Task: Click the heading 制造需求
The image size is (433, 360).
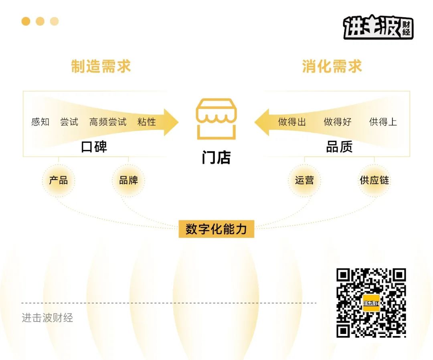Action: point(101,66)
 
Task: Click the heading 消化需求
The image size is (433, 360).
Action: point(332,66)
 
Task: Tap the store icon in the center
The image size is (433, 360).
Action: point(216,119)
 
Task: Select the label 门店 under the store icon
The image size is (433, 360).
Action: point(216,158)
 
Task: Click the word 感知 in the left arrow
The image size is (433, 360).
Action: point(40,122)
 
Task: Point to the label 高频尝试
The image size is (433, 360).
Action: point(108,122)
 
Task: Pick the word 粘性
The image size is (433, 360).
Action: point(147,122)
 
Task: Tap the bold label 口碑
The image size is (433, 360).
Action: point(94,147)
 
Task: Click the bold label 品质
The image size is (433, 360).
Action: point(340,147)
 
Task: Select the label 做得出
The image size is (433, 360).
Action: point(292,122)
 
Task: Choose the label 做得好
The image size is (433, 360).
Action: point(338,122)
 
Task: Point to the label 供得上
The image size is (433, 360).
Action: point(383,122)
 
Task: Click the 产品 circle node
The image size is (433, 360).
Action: point(58,180)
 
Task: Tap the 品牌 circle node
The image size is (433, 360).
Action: point(128,180)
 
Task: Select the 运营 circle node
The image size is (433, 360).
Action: point(304,180)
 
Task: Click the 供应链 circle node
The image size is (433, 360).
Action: point(374,180)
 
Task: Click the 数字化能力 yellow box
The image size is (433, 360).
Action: point(216,229)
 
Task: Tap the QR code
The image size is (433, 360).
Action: point(371,303)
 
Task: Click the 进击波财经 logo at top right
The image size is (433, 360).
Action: point(378,27)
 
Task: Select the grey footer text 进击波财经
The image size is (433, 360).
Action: point(47,318)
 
